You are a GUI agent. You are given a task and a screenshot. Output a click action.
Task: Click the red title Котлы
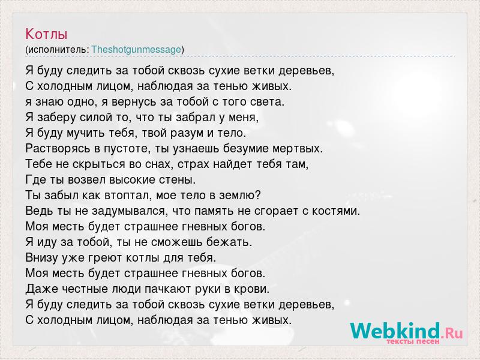[x=46, y=34]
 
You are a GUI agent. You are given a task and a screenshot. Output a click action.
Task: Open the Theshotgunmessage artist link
[x=136, y=50]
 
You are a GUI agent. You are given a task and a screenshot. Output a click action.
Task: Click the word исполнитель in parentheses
[x=58, y=50]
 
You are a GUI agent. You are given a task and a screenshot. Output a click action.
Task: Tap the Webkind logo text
[x=395, y=331]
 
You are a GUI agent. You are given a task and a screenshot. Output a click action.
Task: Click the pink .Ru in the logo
[x=452, y=333]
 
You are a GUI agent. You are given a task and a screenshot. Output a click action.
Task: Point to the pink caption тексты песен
[x=413, y=341]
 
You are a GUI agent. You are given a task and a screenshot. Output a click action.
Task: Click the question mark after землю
[x=257, y=196]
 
